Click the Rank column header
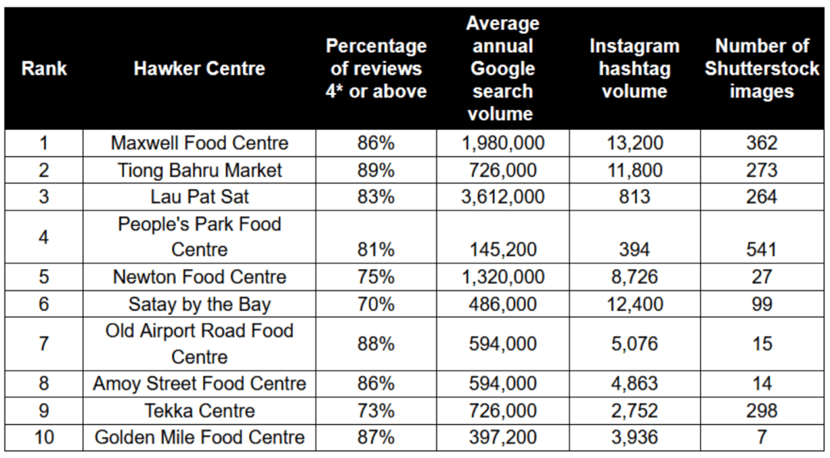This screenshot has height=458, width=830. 44,68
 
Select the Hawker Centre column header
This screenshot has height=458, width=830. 199,68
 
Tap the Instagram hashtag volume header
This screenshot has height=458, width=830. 634,68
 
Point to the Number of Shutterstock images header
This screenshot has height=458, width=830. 762,68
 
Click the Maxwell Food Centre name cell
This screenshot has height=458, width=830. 199,143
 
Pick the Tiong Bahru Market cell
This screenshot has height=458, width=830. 199,170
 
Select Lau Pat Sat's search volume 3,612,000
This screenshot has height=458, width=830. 503,197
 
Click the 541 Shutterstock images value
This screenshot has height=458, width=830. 762,250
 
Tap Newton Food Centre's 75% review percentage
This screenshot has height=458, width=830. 376,277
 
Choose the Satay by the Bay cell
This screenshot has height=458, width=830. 199,304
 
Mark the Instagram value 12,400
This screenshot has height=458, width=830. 634,304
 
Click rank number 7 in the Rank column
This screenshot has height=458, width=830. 44,343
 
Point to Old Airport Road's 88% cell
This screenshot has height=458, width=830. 376,343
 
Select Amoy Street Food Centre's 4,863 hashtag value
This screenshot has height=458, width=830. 634,383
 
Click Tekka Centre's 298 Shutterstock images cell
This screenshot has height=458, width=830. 762,410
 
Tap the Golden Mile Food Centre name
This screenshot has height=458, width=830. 199,437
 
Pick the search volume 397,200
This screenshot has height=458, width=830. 503,437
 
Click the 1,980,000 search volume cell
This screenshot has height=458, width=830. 503,143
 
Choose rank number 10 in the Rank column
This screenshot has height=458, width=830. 44,437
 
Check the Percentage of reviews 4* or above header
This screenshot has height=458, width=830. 376,68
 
